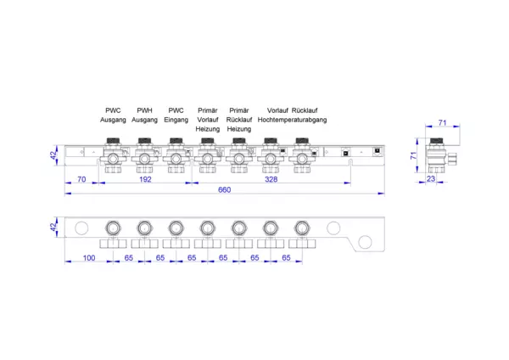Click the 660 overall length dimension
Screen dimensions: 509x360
pos(224,189)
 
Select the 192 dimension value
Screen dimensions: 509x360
pos(145,179)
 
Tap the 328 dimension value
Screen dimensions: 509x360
pos(271,179)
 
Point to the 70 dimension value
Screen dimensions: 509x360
pos(81,179)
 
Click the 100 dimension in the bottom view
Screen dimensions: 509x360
pos(89,258)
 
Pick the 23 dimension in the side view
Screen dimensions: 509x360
pos(431,178)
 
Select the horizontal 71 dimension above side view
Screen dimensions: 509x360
pos(443,123)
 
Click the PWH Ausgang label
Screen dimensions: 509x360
pos(144,115)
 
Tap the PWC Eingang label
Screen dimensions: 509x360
pos(176,115)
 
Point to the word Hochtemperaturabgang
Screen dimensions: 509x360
pos(292,120)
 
